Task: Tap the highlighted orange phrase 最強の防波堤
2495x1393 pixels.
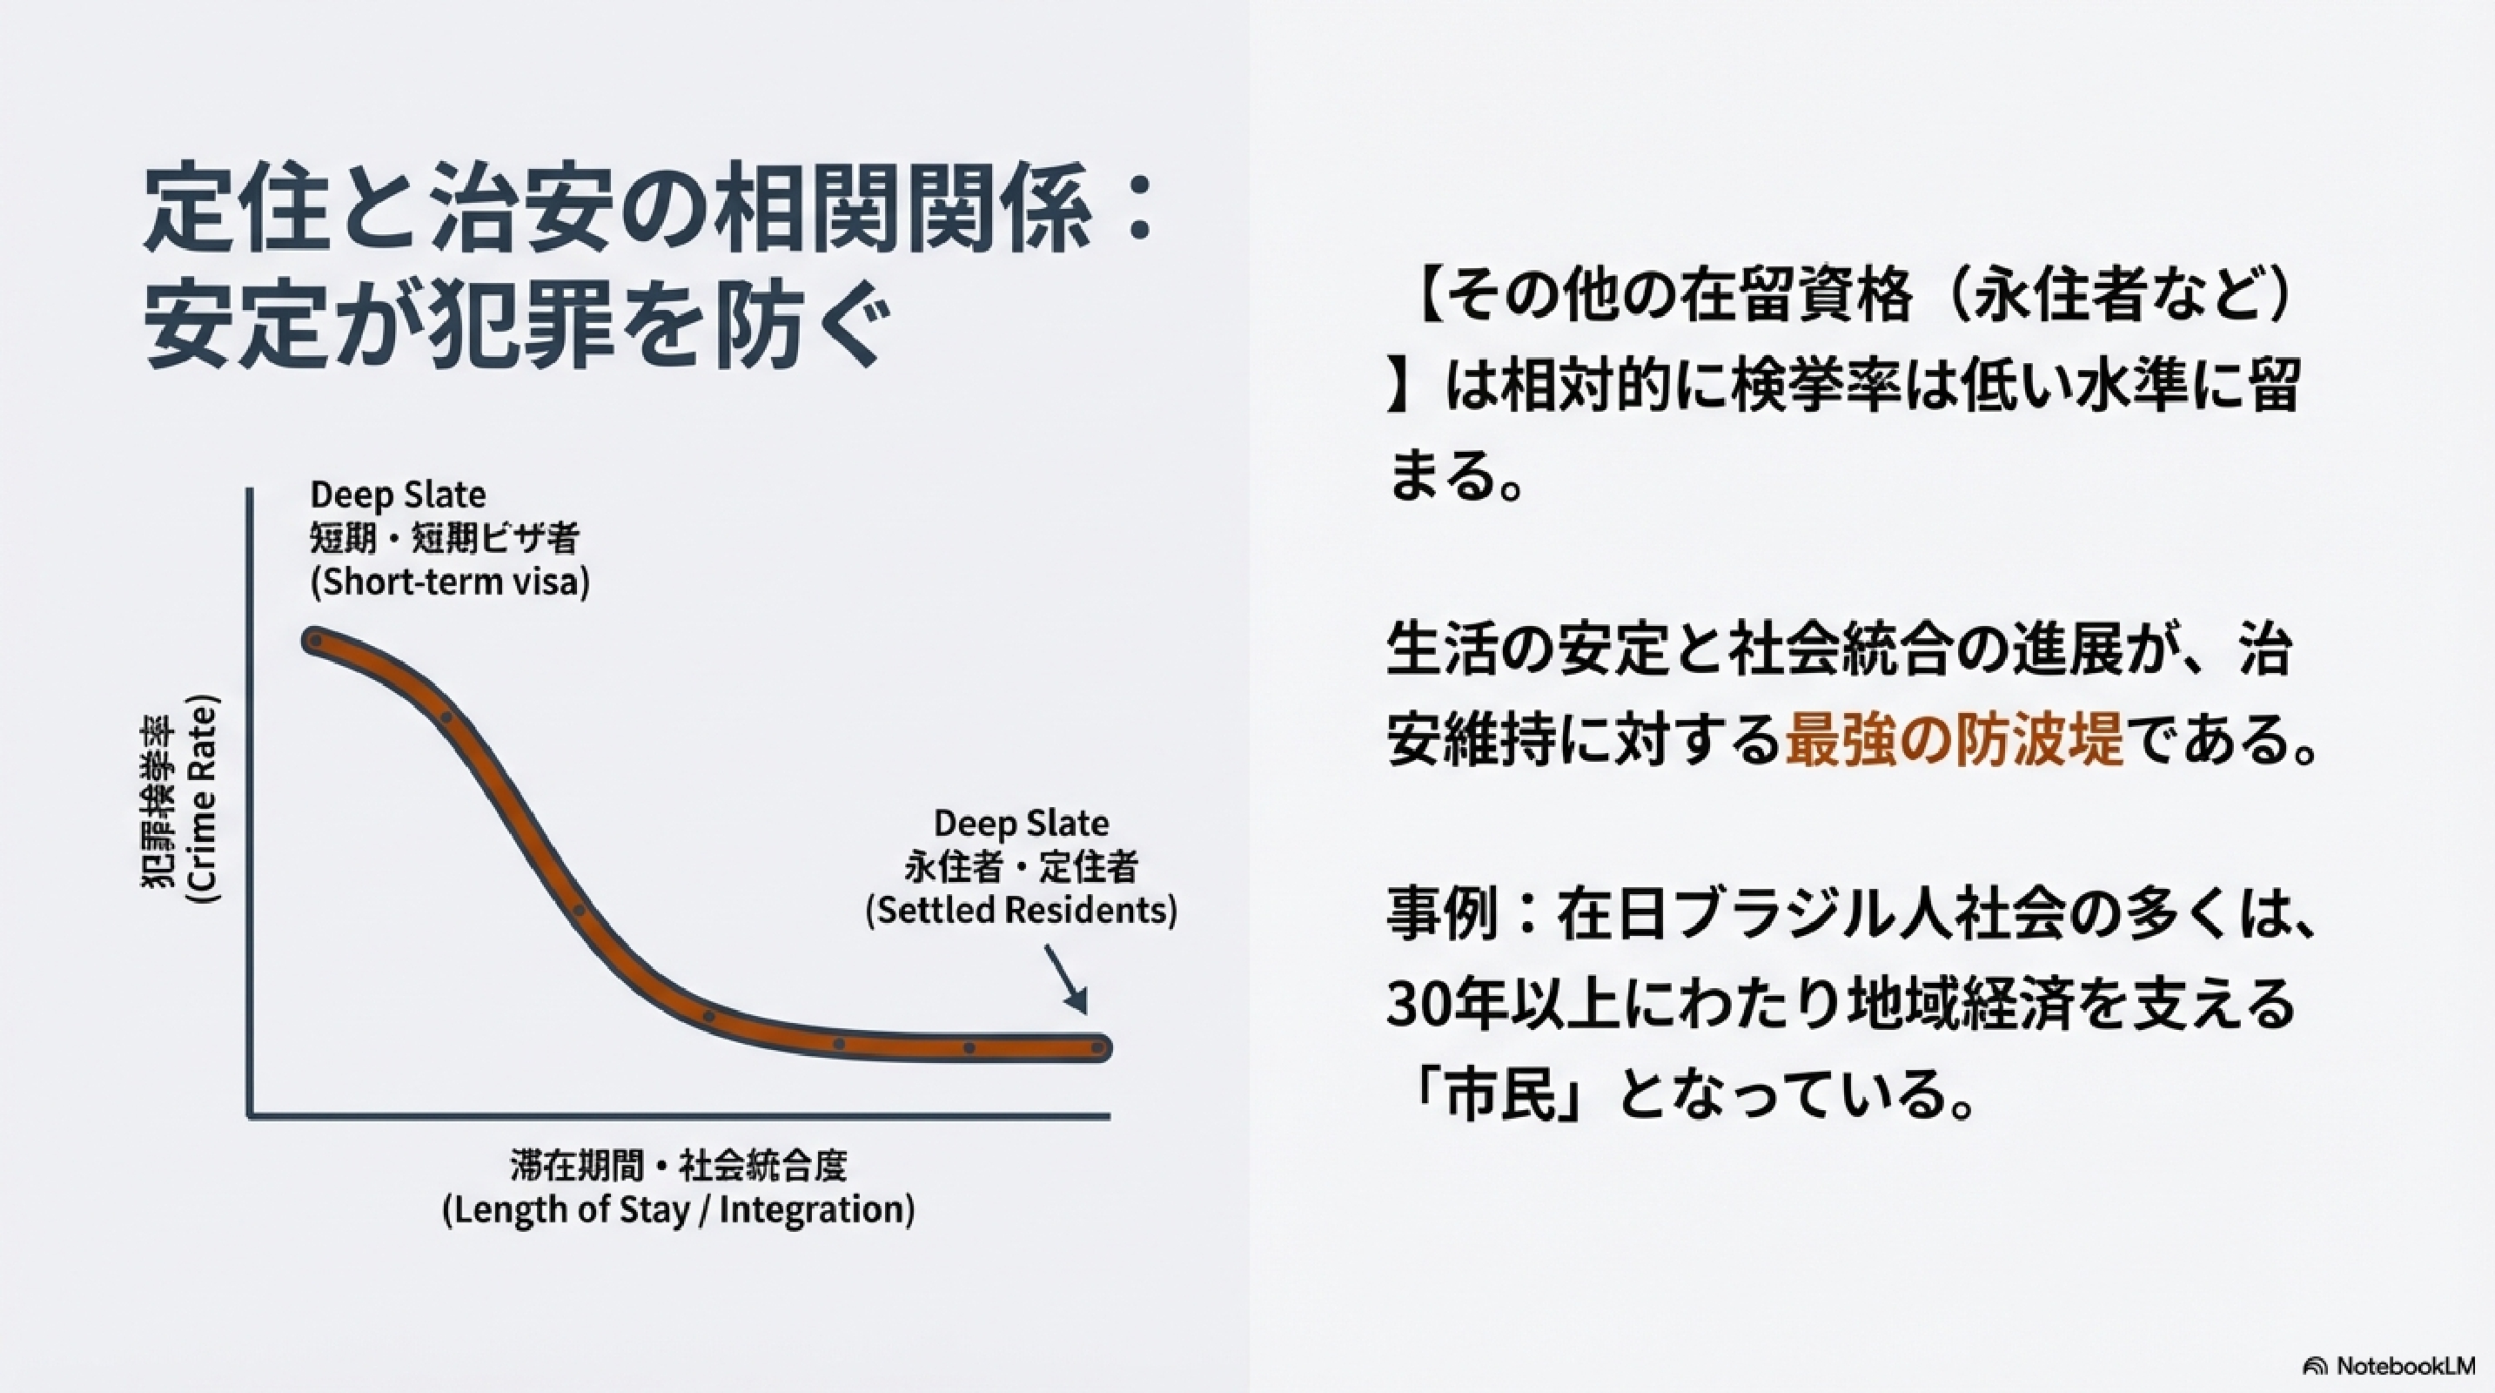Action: [1954, 740]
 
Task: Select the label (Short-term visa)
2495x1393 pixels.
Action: [449, 583]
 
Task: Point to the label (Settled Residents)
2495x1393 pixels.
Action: [1021, 911]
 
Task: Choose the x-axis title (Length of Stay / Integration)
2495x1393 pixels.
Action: [678, 1211]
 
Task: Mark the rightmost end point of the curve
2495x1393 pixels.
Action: [1098, 1047]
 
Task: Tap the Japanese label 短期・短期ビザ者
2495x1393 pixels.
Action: [445, 539]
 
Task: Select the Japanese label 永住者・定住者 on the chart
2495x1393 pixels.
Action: [1021, 867]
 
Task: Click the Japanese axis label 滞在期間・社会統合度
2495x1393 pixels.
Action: [678, 1167]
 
